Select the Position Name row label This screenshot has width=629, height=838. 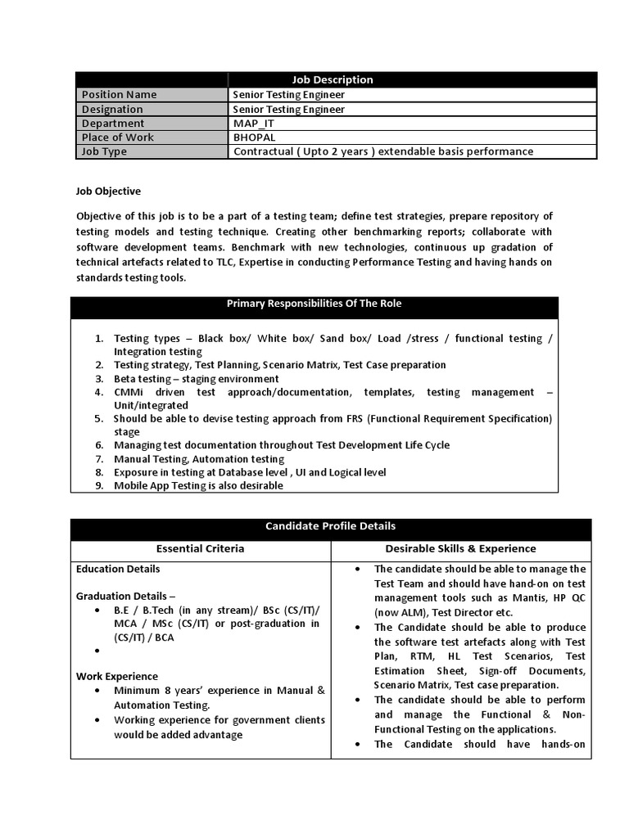119,94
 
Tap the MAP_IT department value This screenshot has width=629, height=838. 254,124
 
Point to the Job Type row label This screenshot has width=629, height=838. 104,151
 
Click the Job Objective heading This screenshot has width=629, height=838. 108,191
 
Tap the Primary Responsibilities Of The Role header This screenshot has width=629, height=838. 314,304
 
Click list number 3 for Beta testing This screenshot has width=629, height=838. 97,379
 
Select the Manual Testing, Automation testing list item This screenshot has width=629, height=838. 199,459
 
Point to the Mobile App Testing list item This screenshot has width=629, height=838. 198,485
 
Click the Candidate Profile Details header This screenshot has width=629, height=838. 330,526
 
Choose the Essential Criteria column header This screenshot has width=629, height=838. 200,548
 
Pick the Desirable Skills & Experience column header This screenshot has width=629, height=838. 460,548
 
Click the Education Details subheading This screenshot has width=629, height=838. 118,569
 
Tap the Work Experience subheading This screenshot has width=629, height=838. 117,676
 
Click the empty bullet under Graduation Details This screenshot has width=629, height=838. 97,651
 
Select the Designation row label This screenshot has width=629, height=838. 112,109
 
